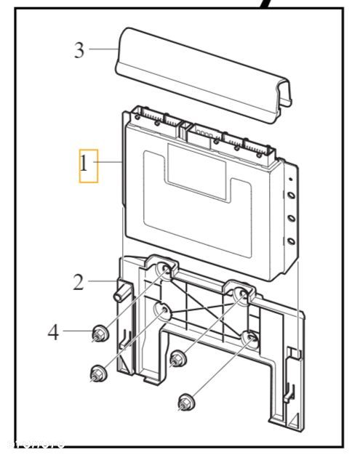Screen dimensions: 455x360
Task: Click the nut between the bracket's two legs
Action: point(175,358)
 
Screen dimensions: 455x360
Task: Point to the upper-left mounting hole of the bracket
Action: point(165,273)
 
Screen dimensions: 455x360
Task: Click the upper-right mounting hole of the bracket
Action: point(239,294)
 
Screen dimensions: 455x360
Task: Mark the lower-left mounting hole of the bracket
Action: point(161,313)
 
